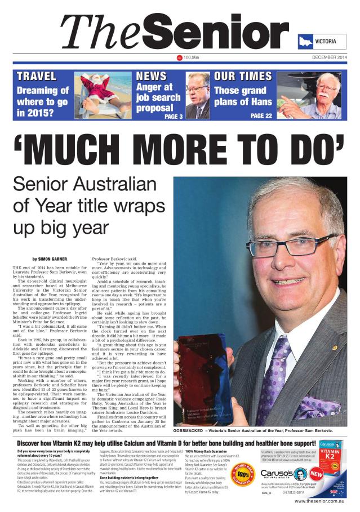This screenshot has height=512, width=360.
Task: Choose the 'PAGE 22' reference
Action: click(x=261, y=115)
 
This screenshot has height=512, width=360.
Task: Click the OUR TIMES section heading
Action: click(x=243, y=76)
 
